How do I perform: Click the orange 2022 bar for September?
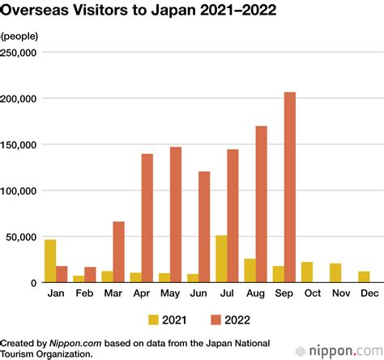click(290, 187)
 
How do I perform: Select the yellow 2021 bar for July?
click(221, 259)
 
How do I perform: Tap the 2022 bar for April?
click(147, 218)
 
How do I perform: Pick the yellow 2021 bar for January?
click(50, 261)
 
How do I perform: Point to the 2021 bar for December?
click(364, 276)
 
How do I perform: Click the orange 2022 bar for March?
click(119, 252)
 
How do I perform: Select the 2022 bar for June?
click(204, 227)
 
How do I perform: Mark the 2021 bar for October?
click(307, 272)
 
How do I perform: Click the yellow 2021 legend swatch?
click(153, 319)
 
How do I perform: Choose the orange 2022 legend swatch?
click(216, 319)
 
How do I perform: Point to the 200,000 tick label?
click(18, 99)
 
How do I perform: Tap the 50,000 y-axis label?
click(21, 237)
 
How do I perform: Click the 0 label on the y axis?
click(33, 283)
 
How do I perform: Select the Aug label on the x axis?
click(255, 294)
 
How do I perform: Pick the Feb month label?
click(84, 293)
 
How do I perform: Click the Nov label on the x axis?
click(341, 293)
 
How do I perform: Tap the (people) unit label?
click(19, 36)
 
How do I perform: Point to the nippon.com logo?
click(339, 351)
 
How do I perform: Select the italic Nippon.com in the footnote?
click(75, 344)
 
